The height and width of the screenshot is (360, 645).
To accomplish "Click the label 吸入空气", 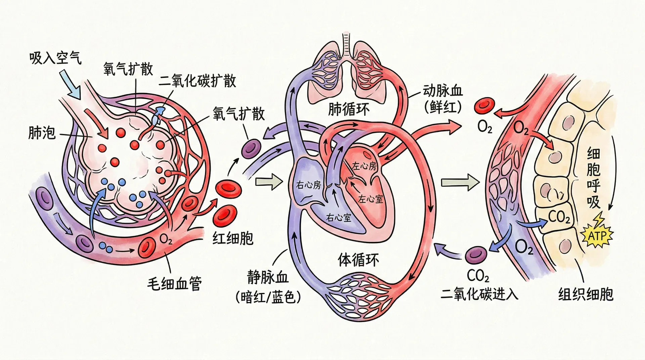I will [55, 58].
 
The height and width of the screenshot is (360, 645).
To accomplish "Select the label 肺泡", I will [42, 133].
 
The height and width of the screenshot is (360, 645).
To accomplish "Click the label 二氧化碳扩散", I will [198, 81].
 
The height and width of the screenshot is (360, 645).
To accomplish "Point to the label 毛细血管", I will [174, 284].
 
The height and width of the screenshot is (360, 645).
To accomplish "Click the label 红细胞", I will [233, 238].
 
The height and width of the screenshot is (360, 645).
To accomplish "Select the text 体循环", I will [358, 260].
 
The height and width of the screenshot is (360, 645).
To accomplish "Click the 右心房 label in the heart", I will [308, 185].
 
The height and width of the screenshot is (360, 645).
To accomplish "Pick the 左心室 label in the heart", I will [370, 199].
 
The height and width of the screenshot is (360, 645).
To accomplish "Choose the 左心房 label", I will [364, 166].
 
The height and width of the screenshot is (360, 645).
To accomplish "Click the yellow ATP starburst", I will [597, 236].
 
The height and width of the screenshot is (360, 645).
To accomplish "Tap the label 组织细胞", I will [586, 294].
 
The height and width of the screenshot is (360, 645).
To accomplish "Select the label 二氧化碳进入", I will [479, 295].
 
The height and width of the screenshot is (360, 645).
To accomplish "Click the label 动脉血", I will [442, 91].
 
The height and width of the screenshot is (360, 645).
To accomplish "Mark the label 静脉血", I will [268, 277].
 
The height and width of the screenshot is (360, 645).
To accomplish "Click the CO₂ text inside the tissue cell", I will [559, 217].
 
